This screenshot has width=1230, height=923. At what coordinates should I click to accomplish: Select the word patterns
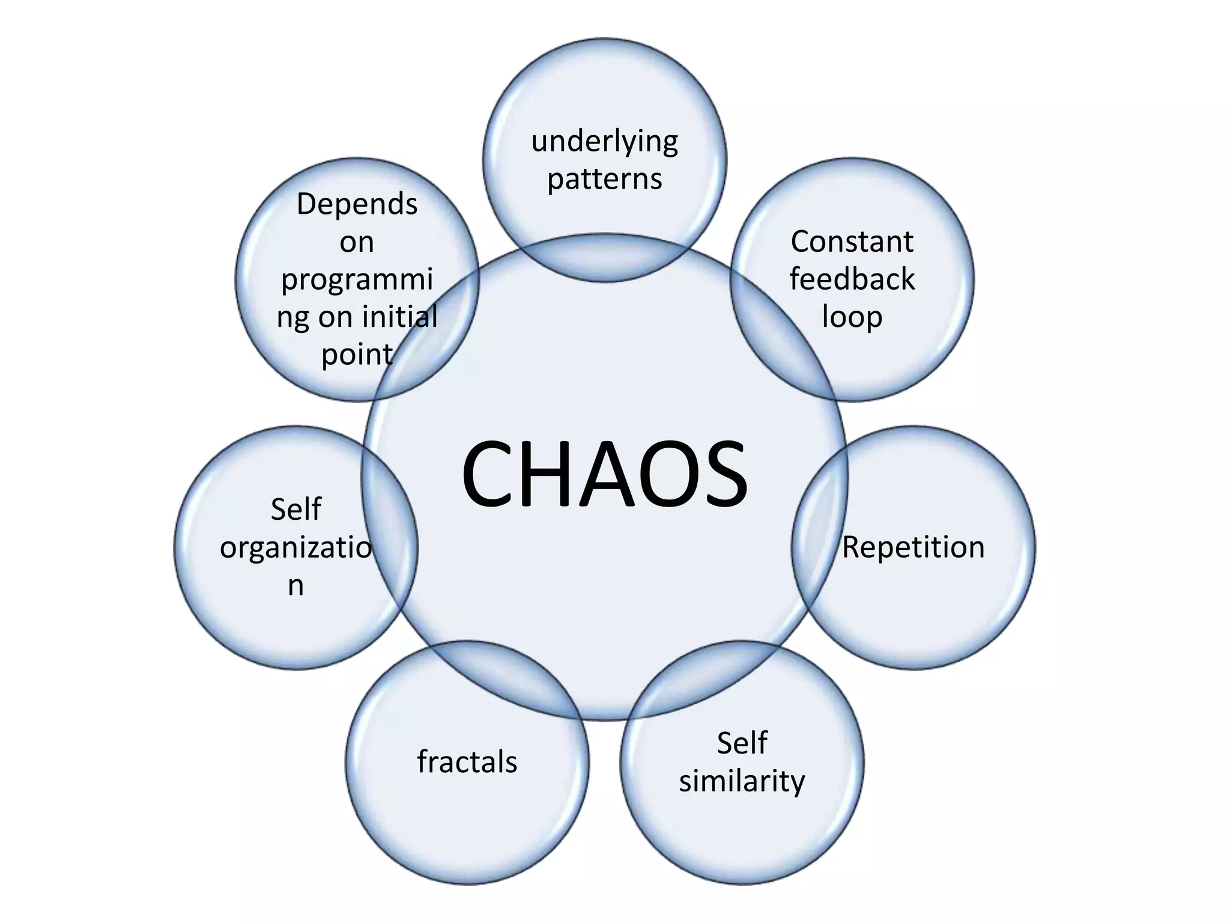605,179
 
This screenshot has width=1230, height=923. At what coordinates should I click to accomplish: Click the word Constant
852,242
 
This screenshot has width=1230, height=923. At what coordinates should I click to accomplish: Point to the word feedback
852,279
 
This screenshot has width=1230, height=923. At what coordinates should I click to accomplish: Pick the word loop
852,317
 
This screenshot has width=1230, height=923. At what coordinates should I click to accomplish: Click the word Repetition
913,547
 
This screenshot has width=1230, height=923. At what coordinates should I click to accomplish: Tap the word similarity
742,781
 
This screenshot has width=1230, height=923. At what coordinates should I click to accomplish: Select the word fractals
467,762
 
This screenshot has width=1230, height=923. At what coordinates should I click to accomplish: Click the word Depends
357,204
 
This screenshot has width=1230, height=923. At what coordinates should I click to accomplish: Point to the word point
357,355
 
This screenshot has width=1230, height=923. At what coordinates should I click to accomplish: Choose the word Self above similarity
742,743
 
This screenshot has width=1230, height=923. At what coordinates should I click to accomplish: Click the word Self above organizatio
295,510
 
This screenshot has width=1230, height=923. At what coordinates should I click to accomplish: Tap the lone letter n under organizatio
295,585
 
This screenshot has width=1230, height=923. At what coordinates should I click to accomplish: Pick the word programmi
357,280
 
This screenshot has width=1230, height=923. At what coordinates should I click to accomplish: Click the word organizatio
295,548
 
